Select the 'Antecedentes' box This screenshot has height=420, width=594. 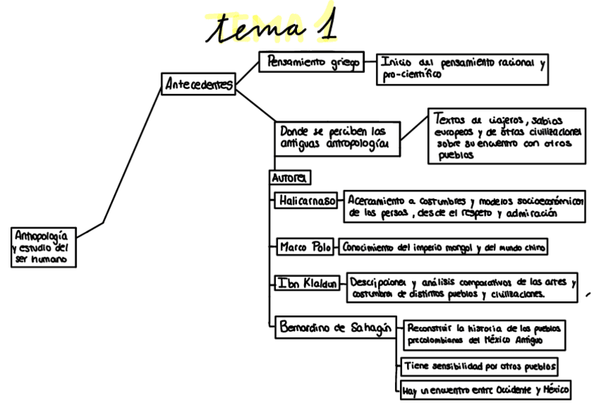point(198,85)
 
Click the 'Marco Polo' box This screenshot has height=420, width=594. point(305,248)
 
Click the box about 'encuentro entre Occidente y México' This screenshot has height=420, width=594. point(483,390)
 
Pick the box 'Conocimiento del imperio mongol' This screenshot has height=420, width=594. point(442,248)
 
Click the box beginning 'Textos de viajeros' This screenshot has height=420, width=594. point(506,136)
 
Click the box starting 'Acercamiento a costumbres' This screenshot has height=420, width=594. point(466,207)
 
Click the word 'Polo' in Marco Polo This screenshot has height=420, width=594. point(317,248)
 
